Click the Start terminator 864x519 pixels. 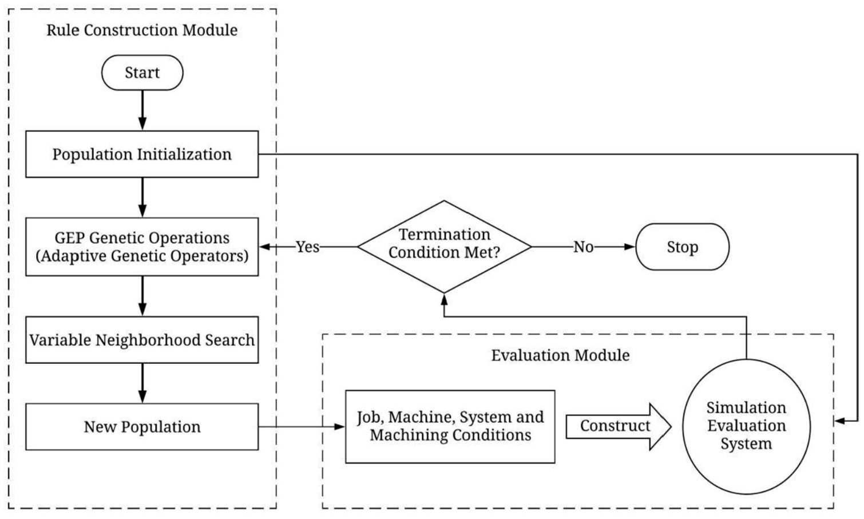click(142, 73)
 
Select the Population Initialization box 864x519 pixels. click(142, 154)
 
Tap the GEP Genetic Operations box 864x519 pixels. click(142, 247)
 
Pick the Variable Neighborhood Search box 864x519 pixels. click(142, 339)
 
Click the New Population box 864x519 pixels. click(142, 426)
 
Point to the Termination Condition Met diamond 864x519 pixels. click(445, 247)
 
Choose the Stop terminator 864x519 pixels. click(682, 247)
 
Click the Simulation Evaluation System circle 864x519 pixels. click(746, 426)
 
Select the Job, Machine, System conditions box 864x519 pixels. click(450, 426)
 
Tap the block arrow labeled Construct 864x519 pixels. click(619, 426)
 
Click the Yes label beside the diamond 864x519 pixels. click(307, 247)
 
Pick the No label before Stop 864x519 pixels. click(583, 247)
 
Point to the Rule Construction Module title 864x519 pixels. click(142, 30)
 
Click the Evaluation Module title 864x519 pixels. click(560, 355)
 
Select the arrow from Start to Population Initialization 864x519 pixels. click(142, 110)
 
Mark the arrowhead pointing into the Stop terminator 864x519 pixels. click(629, 247)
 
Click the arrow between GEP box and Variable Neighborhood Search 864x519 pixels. click(142, 296)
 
